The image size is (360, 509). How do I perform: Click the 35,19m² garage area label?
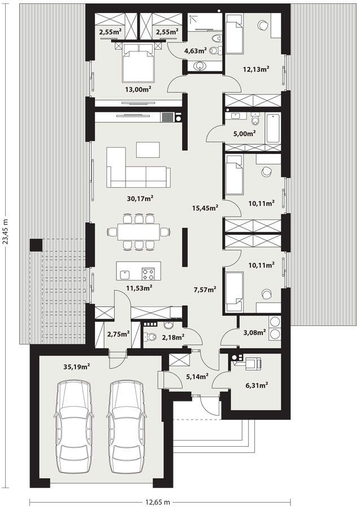point(76,367)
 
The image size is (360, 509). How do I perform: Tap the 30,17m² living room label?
point(140,198)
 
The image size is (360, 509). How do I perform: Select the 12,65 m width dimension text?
point(158,502)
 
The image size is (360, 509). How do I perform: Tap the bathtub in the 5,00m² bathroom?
point(273,128)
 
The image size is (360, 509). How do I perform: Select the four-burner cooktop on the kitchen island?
point(149,273)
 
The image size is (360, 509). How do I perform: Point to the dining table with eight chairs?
point(138,232)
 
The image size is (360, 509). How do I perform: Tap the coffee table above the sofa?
point(148,150)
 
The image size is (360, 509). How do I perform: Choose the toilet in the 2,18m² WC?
point(150,337)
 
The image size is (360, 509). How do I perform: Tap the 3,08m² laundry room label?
point(254,332)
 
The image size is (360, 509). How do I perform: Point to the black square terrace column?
point(36,245)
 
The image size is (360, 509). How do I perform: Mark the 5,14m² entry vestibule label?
point(197,376)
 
